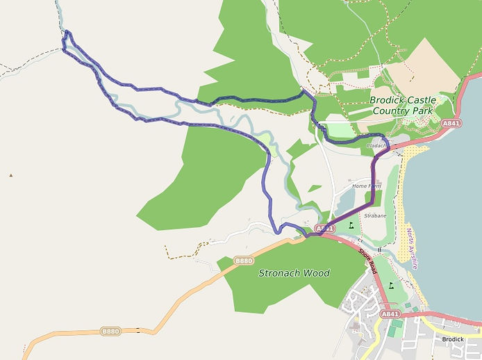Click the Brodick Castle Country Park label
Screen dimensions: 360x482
pos(402,105)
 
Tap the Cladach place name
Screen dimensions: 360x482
pos(376,146)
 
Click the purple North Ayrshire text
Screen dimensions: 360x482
pos(412,248)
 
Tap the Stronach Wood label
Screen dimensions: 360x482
pos(294,273)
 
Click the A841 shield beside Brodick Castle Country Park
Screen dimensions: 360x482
pos(451,123)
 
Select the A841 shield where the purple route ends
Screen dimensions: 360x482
pos(324,229)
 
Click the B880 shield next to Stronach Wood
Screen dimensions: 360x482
pos(244,261)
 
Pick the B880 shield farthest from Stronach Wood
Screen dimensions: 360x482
pos(110,332)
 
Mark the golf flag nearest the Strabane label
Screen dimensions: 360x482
pos(354,224)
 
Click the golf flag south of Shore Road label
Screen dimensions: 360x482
pos(390,285)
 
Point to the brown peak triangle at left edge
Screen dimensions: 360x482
pos(11,175)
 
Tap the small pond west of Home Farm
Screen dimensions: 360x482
pos(345,202)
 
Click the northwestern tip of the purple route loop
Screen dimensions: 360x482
pos(66,32)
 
